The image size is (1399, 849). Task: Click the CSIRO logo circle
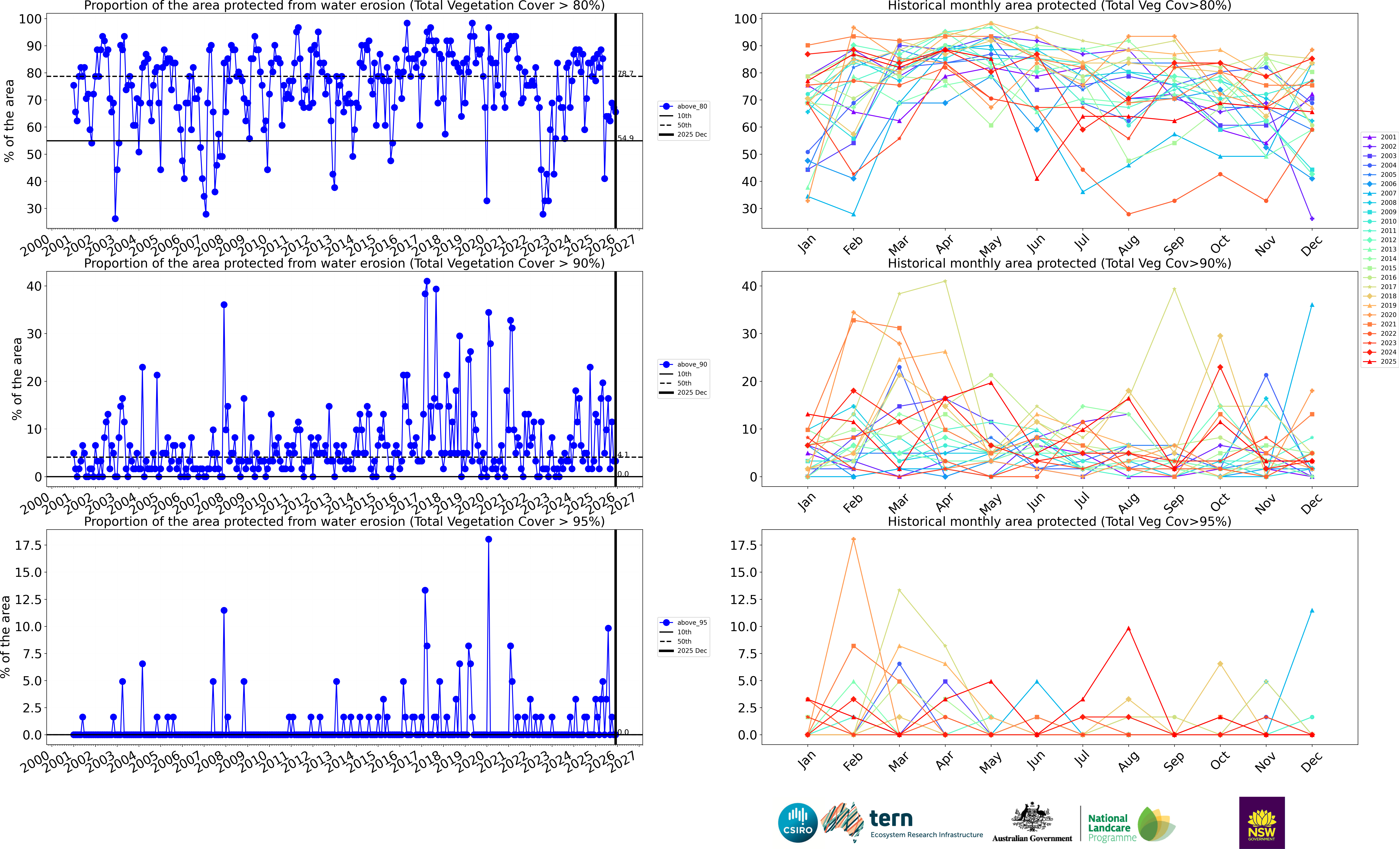click(x=798, y=822)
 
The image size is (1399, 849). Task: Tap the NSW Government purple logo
click(x=1262, y=822)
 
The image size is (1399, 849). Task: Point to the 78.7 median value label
click(x=625, y=74)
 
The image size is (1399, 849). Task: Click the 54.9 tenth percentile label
click(x=625, y=138)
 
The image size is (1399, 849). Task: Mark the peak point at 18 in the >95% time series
click(x=488, y=539)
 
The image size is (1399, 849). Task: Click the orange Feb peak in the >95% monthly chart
click(x=853, y=539)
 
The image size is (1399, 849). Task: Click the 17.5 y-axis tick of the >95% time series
click(x=28, y=545)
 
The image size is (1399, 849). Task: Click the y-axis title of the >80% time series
click(x=9, y=120)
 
